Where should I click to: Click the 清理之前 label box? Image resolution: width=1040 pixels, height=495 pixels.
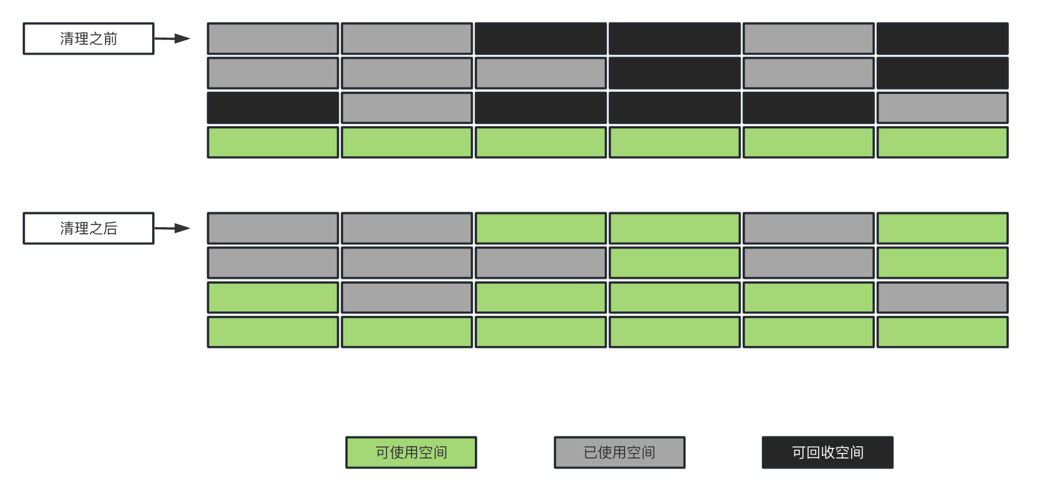pyautogui.click(x=88, y=39)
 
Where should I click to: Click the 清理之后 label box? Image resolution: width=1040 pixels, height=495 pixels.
pyautogui.click(x=88, y=228)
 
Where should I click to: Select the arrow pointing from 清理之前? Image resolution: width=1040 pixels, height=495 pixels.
pyautogui.click(x=172, y=39)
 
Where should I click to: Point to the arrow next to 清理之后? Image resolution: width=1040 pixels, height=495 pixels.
pyautogui.click(x=172, y=228)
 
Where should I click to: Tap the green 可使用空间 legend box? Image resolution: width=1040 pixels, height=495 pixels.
pyautogui.click(x=411, y=452)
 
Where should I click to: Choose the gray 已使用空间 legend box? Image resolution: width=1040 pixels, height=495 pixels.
pyautogui.click(x=619, y=452)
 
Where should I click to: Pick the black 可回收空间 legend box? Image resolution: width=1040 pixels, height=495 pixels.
pyautogui.click(x=827, y=452)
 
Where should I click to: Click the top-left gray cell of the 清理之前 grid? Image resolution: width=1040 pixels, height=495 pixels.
pyautogui.click(x=273, y=39)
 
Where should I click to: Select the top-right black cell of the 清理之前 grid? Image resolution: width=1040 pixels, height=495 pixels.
pyautogui.click(x=943, y=39)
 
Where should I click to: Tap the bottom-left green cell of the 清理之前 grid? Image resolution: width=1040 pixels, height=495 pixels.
pyautogui.click(x=273, y=143)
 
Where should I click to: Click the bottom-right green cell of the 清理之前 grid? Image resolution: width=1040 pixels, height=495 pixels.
pyautogui.click(x=943, y=143)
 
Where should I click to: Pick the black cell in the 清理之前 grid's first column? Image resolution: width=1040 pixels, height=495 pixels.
pyautogui.click(x=273, y=108)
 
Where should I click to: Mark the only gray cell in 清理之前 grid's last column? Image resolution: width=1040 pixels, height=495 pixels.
pyautogui.click(x=943, y=108)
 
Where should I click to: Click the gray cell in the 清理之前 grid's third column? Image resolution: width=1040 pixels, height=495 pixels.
pyautogui.click(x=541, y=73)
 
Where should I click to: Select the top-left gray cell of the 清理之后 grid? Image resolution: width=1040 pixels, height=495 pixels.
pyautogui.click(x=273, y=228)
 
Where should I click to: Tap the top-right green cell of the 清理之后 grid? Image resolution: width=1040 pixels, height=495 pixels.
pyautogui.click(x=943, y=228)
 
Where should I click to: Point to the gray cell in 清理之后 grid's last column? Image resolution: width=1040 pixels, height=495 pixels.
pyautogui.click(x=943, y=298)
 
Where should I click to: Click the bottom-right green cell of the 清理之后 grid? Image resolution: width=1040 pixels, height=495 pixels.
pyautogui.click(x=943, y=332)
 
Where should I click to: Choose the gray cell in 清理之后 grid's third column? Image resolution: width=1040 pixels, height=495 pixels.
pyautogui.click(x=541, y=263)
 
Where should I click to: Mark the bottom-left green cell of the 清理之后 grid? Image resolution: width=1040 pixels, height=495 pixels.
pyautogui.click(x=273, y=332)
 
